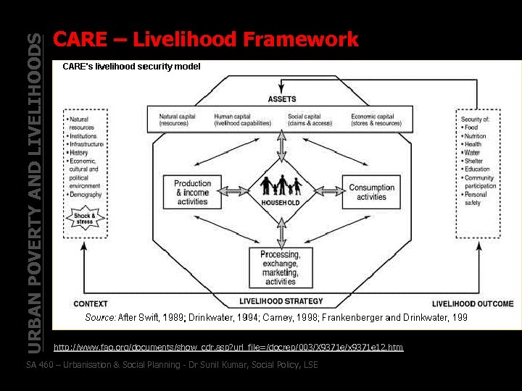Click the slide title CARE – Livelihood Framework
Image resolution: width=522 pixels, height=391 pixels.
click(x=206, y=39)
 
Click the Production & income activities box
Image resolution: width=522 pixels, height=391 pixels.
click(x=193, y=193)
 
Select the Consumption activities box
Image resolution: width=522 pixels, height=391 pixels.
click(x=371, y=192)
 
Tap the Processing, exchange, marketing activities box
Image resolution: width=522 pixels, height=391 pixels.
click(x=280, y=268)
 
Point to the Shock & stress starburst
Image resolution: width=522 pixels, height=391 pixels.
click(x=85, y=218)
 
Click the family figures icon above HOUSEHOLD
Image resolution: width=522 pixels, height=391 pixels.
click(x=281, y=185)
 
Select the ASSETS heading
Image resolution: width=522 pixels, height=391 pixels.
click(x=282, y=99)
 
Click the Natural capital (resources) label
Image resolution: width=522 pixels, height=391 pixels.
click(x=178, y=119)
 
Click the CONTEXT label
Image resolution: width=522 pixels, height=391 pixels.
click(x=91, y=303)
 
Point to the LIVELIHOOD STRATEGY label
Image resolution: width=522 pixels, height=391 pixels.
click(x=281, y=301)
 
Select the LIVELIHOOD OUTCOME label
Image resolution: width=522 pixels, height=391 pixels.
click(x=473, y=303)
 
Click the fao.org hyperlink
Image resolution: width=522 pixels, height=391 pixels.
click(x=228, y=348)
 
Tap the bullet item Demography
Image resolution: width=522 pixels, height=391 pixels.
click(x=86, y=195)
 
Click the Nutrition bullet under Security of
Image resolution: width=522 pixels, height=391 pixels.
click(x=476, y=136)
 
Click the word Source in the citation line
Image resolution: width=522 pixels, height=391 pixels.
click(x=100, y=317)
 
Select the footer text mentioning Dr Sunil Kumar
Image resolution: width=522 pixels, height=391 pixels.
click(x=172, y=364)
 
